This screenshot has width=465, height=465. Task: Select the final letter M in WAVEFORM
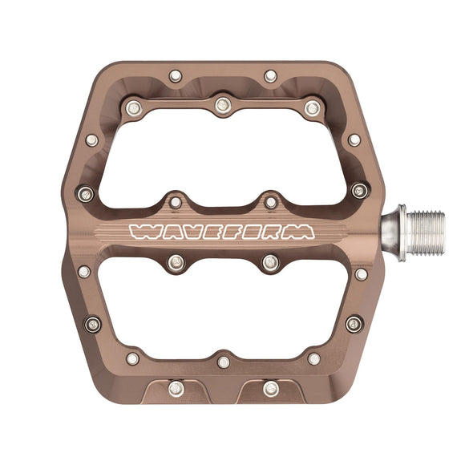pos(301,232)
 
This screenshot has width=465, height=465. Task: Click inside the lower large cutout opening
pos(220,309)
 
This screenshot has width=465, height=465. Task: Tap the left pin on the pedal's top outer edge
pos(176,76)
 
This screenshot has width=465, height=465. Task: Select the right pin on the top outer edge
pos(271,76)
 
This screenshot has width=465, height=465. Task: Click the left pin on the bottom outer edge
pos(176,389)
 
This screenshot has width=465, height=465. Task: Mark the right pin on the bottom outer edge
pos(271,389)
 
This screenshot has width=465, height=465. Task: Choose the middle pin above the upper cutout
pos(223,104)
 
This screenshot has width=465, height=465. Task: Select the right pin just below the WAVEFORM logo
pos(271,262)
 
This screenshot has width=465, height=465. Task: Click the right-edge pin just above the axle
pos(359,191)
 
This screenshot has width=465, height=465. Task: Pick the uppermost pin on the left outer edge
pos(92,140)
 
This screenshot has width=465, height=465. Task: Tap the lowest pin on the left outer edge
pos(93,324)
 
